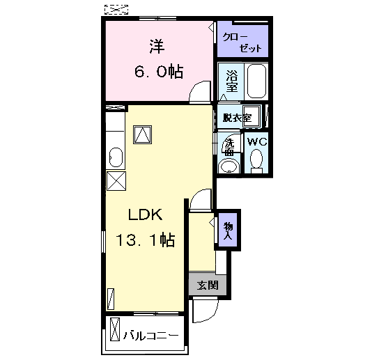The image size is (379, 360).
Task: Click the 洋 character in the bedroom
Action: (x=157, y=46)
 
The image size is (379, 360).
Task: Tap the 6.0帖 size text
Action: (x=159, y=71)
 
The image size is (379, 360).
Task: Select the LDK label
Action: (x=145, y=214)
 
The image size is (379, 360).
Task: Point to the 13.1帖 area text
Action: (x=146, y=240)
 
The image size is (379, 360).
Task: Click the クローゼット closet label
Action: (x=242, y=42)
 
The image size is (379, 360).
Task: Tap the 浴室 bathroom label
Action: (x=232, y=81)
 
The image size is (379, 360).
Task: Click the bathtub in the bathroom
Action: (x=256, y=81)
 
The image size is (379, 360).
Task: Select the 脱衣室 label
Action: (x=237, y=118)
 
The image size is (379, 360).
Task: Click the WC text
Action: (x=257, y=142)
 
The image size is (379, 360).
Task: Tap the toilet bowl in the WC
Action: (x=256, y=160)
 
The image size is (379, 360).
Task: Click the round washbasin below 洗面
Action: (x=229, y=166)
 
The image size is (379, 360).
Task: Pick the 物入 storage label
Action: (x=228, y=230)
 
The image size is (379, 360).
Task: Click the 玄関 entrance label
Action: (x=208, y=285)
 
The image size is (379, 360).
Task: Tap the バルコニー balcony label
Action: (x=151, y=336)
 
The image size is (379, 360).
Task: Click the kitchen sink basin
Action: (x=116, y=157)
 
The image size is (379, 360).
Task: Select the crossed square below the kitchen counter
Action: (x=116, y=181)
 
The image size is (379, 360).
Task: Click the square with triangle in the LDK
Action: (x=143, y=135)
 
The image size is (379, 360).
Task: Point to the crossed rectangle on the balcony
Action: (x=115, y=329)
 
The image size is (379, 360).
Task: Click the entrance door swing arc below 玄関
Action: (x=212, y=314)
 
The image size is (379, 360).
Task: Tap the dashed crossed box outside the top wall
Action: (x=116, y=10)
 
